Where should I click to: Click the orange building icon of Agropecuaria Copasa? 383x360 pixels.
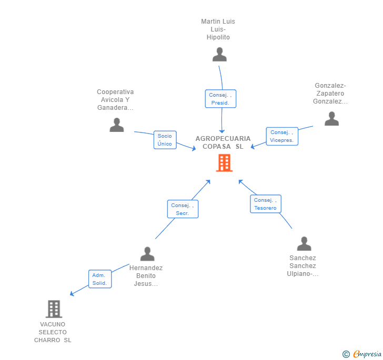(x=224, y=163)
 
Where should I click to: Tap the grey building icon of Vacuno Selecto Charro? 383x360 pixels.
(x=54, y=309)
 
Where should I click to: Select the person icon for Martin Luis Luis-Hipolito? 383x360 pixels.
(x=219, y=54)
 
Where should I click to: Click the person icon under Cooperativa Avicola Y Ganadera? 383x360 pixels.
(x=117, y=125)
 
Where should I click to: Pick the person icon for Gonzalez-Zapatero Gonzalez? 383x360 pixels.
(x=331, y=119)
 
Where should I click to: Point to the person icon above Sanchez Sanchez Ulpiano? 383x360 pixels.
(x=304, y=244)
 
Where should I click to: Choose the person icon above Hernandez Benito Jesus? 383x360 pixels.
(x=147, y=254)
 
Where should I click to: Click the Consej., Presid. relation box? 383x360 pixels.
(x=220, y=99)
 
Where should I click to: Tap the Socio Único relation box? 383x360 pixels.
(x=165, y=140)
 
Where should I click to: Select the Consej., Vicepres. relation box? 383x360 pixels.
(x=281, y=136)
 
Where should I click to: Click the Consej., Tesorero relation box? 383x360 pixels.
(x=265, y=204)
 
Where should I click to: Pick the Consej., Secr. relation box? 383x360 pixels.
(x=183, y=209)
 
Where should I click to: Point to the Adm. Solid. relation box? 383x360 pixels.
(x=99, y=279)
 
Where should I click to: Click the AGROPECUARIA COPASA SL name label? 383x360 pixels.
(x=223, y=142)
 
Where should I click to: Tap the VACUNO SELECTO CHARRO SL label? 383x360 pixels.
(x=53, y=332)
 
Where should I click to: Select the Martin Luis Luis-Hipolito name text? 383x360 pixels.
(x=218, y=29)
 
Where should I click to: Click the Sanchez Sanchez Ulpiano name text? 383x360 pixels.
(x=303, y=266)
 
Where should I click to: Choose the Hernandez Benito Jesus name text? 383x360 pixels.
(x=146, y=276)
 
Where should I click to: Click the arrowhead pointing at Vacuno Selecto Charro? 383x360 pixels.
(x=72, y=294)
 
